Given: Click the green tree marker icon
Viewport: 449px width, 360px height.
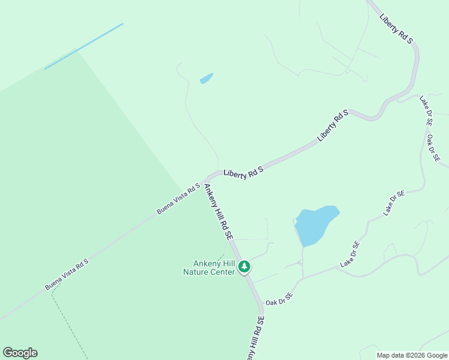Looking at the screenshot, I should [x=244, y=266].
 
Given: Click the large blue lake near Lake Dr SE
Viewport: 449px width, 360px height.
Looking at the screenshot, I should [x=315, y=224].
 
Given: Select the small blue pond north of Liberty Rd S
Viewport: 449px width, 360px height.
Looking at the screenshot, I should [x=206, y=79].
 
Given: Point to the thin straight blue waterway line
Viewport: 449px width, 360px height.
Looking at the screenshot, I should [x=84, y=46].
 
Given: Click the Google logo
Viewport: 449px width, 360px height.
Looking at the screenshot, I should [x=20, y=353].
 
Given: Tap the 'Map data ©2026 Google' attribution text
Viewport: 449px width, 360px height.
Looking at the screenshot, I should [x=411, y=355].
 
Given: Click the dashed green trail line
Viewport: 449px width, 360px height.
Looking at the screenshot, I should [x=67, y=318].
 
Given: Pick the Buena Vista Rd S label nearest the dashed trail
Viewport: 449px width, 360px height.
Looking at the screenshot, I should [x=67, y=275].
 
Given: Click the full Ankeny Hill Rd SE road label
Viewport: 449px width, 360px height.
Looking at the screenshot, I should [x=218, y=212].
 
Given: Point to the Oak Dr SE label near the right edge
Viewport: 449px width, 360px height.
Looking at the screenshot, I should [x=433, y=148].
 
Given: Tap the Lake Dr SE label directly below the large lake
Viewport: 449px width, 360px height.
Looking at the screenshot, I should [x=350, y=254].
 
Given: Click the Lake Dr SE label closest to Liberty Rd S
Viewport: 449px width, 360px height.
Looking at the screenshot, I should [x=425, y=110].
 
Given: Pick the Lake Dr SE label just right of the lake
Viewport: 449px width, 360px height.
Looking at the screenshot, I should [x=394, y=203].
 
